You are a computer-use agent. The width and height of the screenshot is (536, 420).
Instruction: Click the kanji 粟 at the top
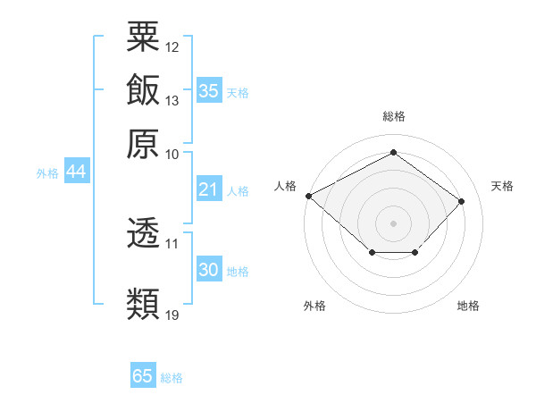(x=143, y=37)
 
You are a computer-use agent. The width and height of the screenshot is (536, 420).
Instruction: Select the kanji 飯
(x=143, y=89)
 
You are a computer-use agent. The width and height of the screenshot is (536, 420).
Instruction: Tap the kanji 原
(x=143, y=144)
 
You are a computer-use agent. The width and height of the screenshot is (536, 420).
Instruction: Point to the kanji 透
(x=143, y=232)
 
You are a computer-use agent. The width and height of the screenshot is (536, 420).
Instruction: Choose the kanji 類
(x=143, y=304)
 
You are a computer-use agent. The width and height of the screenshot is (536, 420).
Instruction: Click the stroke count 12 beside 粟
(x=172, y=47)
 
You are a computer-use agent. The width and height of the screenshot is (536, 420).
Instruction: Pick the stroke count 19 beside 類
(x=172, y=315)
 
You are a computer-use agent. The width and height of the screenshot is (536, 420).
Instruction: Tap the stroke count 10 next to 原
(x=172, y=155)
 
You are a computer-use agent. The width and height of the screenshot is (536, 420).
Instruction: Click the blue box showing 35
(x=209, y=90)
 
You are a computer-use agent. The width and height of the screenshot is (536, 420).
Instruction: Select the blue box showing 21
(x=209, y=189)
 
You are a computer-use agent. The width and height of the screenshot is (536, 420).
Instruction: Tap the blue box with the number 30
(x=209, y=268)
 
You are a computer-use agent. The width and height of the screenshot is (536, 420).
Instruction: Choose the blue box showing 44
(x=77, y=171)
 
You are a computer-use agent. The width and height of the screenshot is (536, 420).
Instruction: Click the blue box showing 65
(x=143, y=374)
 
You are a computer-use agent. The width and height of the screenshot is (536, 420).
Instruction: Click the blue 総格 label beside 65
(x=172, y=378)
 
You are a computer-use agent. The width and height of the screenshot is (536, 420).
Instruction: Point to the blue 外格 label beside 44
(x=47, y=173)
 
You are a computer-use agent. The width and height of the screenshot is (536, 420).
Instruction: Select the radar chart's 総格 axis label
(x=394, y=116)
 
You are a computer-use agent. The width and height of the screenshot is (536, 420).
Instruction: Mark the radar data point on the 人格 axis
(x=309, y=196)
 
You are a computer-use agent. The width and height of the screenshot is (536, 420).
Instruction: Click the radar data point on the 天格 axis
(x=461, y=201)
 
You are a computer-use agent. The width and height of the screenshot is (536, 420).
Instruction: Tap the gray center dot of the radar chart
(x=393, y=223)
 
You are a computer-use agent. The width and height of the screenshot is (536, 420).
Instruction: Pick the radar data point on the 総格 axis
(x=393, y=152)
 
